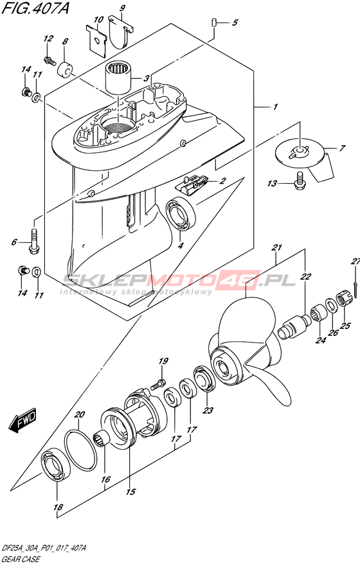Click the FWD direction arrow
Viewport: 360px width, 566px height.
click(x=22, y=421)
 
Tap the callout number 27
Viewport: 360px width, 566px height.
click(x=356, y=261)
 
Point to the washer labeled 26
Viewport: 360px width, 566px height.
click(x=331, y=305)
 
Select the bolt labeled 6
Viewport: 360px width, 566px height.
click(x=34, y=241)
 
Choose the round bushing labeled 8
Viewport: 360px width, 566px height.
click(x=65, y=69)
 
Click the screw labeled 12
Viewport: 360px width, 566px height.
click(x=50, y=61)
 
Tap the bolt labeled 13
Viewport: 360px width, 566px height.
click(x=299, y=181)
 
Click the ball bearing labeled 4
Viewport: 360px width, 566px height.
click(x=181, y=214)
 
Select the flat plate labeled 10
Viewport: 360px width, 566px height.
click(x=96, y=42)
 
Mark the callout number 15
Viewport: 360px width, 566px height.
click(x=130, y=491)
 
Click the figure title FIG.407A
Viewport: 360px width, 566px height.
click(x=35, y=8)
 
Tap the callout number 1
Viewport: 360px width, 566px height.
click(x=275, y=107)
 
